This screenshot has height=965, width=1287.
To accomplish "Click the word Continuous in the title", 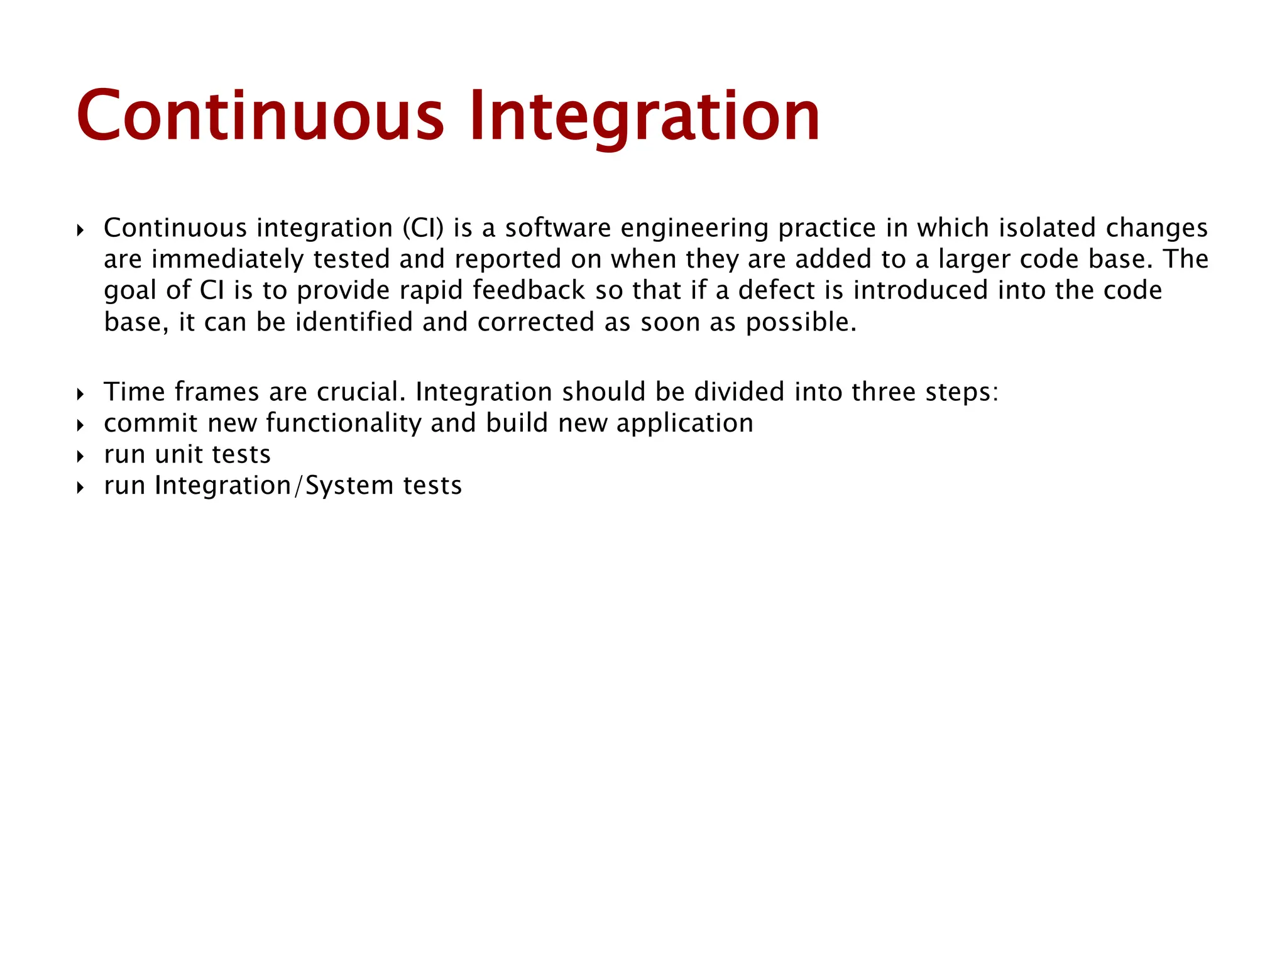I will pyautogui.click(x=260, y=117).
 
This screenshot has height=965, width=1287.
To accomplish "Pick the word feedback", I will pyautogui.click(x=528, y=291).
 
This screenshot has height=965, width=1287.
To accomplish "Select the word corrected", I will pyautogui.click(x=536, y=322).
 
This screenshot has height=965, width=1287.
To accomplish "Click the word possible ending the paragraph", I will pyautogui.click(x=801, y=322).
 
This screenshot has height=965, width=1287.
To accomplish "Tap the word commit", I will pyautogui.click(x=151, y=423).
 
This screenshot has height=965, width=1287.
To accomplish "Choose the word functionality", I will pyautogui.click(x=343, y=423).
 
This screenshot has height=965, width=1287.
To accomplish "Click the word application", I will pyautogui.click(x=684, y=423).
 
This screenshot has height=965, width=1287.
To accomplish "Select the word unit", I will pyautogui.click(x=178, y=455).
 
